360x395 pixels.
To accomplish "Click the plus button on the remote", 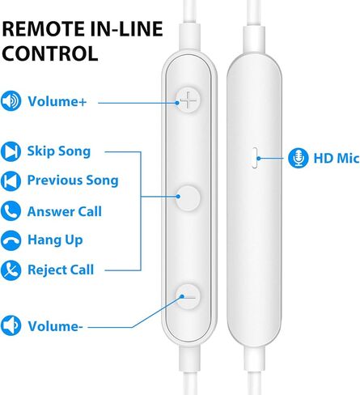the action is [x=188, y=100].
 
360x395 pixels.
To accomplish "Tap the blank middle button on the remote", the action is [x=188, y=197].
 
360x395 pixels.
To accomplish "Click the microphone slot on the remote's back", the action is [x=255, y=158].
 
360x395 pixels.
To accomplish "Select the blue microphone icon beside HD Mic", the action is [x=298, y=158].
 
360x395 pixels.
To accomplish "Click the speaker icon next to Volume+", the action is [x=11, y=100].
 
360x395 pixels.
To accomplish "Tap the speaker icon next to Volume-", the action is [x=11, y=325].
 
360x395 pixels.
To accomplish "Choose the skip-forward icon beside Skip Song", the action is [x=11, y=151].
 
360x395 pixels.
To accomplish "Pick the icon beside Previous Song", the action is [x=11, y=181].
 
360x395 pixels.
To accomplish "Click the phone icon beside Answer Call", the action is [x=11, y=210].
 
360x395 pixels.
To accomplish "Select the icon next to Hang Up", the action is [x=11, y=240].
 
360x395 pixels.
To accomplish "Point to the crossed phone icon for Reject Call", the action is [x=11, y=270].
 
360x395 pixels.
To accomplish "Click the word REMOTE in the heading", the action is [x=44, y=29].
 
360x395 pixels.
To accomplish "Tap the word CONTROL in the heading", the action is [x=50, y=53].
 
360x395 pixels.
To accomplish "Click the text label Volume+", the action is [x=57, y=102].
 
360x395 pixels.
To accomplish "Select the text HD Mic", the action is [x=337, y=158].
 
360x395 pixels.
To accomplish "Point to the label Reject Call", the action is [x=61, y=270].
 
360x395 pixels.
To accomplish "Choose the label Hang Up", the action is [x=55, y=240].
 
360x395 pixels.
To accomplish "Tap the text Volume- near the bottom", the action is [x=55, y=326].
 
